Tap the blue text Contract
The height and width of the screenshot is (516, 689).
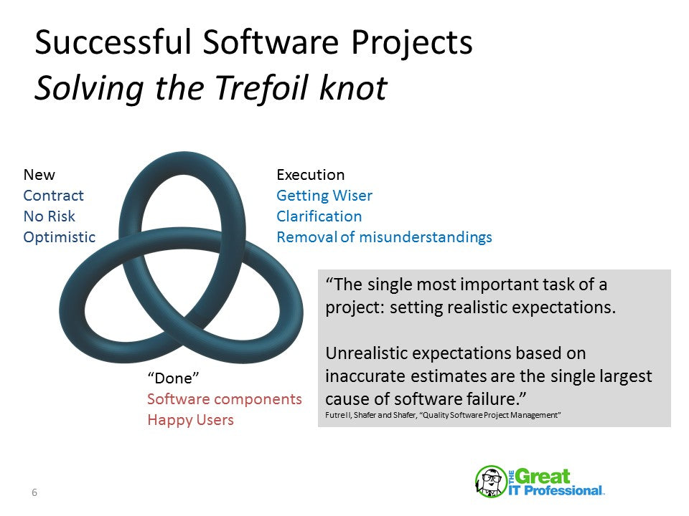(x=53, y=196)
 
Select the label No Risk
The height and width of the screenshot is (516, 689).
(x=49, y=216)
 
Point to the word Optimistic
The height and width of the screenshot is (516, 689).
(x=59, y=237)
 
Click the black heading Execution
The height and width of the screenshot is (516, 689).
(x=310, y=175)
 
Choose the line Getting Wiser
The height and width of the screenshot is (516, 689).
(x=324, y=196)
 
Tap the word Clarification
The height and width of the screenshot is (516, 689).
(x=319, y=216)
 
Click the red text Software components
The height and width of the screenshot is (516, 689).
(x=224, y=399)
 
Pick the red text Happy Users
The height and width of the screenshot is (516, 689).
(x=190, y=420)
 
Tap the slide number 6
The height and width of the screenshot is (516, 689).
(x=34, y=492)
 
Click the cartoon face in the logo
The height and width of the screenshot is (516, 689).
(x=491, y=482)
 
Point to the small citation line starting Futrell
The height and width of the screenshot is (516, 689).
(x=443, y=416)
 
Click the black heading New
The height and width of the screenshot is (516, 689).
(x=39, y=175)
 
